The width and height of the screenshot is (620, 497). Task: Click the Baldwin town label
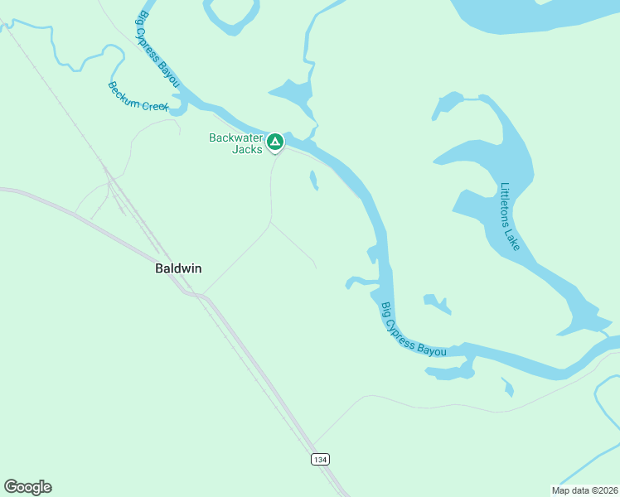(x=178, y=268)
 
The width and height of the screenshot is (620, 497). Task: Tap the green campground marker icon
(x=275, y=142)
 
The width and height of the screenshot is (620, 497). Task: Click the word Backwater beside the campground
(x=235, y=138)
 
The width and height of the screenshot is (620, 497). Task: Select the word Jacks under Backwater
(x=246, y=150)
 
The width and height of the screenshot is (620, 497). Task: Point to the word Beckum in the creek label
(x=124, y=91)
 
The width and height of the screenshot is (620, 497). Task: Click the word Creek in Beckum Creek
(x=155, y=105)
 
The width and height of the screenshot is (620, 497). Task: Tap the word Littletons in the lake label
(x=506, y=203)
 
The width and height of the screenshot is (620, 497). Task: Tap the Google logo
(x=27, y=487)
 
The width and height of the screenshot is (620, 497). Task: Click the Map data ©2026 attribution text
(x=584, y=490)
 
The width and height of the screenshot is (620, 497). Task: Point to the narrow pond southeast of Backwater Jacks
(x=313, y=180)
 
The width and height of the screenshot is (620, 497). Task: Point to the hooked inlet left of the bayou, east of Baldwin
(x=361, y=281)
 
